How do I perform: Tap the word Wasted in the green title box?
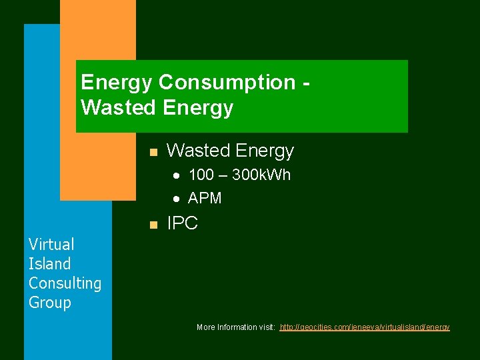pos(116,107)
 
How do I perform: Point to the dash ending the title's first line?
pos(306,83)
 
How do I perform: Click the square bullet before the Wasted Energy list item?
pos(153,153)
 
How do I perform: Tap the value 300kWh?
pos(261,176)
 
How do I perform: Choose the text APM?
pos(205,198)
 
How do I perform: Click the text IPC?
pos(182,224)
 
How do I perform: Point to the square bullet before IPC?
pos(153,225)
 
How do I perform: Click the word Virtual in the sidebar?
pos(51,245)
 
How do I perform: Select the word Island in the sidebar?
pos(49,264)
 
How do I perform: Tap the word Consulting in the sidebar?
pos(65,283)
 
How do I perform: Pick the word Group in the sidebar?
pos(49,303)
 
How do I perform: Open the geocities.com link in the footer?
pos(365,327)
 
